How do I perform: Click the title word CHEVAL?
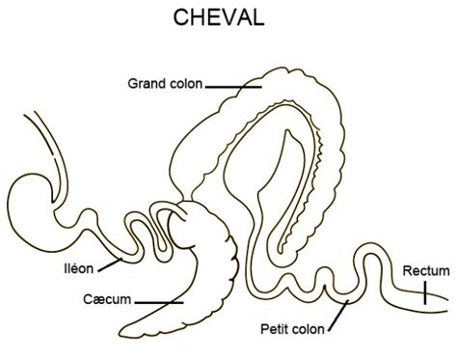(219, 17)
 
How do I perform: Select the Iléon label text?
(79, 268)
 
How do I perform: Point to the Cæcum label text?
(107, 299)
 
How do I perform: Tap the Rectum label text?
(426, 271)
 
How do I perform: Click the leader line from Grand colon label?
(233, 87)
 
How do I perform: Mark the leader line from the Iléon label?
(110, 264)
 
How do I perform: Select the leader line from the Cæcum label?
(159, 302)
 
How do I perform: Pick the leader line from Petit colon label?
(338, 316)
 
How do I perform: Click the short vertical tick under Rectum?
(425, 292)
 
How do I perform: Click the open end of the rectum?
(446, 304)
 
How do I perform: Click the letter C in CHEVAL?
(180, 17)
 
